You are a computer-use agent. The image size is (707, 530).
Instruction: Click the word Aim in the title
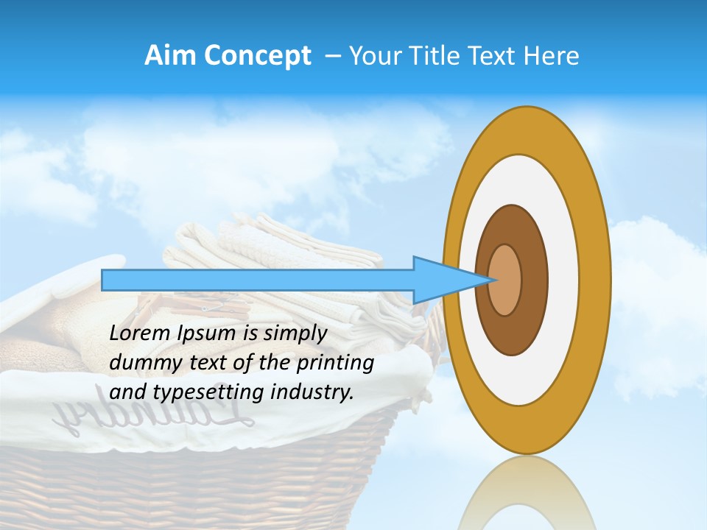(x=171, y=56)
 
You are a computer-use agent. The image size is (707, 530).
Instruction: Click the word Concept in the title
(x=258, y=57)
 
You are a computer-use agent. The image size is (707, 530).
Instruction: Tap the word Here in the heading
(x=551, y=56)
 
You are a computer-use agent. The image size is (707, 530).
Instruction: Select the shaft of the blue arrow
(x=258, y=280)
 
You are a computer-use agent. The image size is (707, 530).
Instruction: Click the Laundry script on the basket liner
(x=155, y=420)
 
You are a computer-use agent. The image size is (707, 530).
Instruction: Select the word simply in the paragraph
(x=295, y=333)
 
